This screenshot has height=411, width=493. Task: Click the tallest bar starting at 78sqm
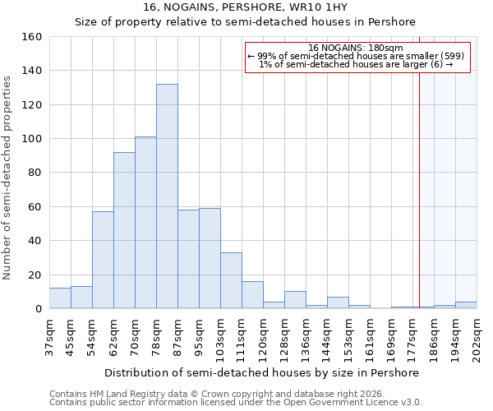click(x=167, y=196)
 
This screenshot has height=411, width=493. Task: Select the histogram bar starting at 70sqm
click(x=145, y=223)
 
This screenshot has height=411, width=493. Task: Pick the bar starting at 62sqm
click(x=124, y=230)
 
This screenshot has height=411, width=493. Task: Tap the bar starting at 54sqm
click(x=103, y=260)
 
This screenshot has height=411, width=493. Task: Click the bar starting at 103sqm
click(x=231, y=280)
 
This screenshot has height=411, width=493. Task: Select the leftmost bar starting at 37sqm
click(x=60, y=298)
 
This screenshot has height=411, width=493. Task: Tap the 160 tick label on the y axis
click(x=31, y=37)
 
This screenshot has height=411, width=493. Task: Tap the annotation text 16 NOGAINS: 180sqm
click(x=356, y=48)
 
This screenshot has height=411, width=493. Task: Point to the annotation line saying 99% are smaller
click(x=356, y=56)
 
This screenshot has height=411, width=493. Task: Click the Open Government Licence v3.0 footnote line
click(x=236, y=402)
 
